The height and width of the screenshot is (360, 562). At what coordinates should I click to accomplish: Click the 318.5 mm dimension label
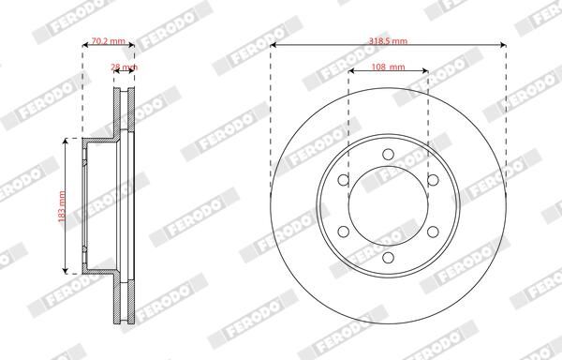pyautogui.click(x=388, y=42)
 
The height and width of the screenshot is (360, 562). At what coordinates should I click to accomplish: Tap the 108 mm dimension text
pyautogui.click(x=388, y=67)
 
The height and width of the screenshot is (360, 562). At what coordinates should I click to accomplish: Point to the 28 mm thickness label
pyautogui.click(x=124, y=67)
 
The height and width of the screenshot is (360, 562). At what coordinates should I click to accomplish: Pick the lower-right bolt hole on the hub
pyautogui.click(x=433, y=231)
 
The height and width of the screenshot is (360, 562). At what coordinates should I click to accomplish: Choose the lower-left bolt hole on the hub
pyautogui.click(x=344, y=231)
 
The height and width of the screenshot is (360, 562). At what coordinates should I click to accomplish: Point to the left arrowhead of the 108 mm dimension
pyautogui.click(x=351, y=72)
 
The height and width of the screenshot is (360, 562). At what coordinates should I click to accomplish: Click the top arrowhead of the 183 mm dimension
pyautogui.click(x=65, y=141)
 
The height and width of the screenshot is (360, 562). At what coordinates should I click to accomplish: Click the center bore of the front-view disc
pyautogui.click(x=388, y=204)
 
